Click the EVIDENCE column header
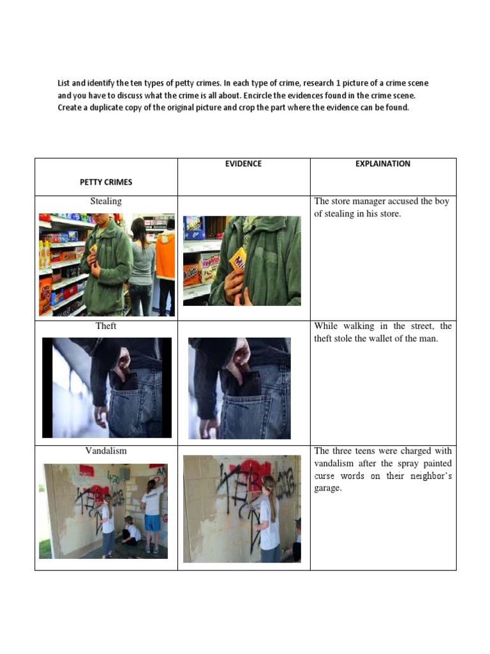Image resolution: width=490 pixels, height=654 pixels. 243,163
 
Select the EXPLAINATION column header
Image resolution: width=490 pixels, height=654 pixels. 383,163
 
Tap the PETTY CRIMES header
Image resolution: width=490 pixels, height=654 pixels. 106,182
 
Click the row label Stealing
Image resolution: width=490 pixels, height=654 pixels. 106,201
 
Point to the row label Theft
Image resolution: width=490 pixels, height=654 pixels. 106,326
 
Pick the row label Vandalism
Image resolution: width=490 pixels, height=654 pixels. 106,450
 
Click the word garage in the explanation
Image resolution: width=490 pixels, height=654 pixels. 327,488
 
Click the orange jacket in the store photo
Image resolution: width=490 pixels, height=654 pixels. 166,257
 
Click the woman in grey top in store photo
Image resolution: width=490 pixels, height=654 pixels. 142,267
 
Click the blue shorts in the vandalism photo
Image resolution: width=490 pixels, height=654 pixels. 152,522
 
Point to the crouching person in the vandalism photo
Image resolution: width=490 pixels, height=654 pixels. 131,531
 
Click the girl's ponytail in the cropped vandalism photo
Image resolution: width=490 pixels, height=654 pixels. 272,501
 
